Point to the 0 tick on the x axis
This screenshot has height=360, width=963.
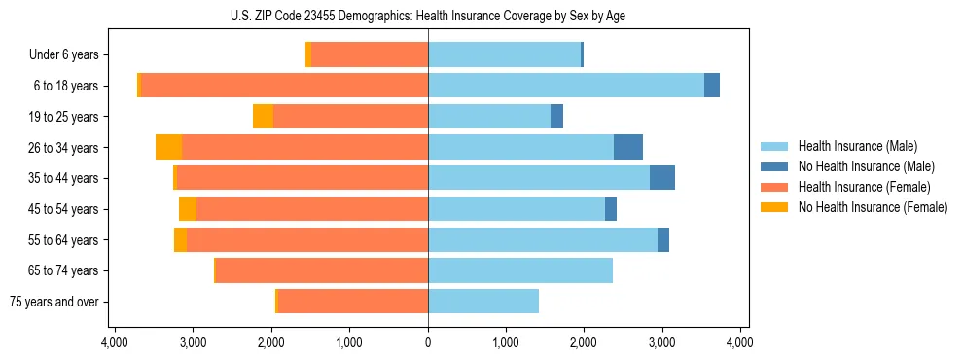click(428, 342)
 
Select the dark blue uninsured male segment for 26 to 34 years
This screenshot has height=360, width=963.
click(628, 147)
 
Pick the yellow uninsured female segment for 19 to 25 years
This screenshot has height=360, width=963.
click(263, 117)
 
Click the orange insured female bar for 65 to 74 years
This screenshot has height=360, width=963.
click(322, 270)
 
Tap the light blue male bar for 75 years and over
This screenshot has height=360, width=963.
click(483, 302)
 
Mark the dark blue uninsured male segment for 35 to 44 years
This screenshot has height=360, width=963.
click(662, 178)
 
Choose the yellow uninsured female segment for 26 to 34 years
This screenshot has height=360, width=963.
click(168, 147)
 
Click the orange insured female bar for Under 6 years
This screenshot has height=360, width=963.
click(370, 55)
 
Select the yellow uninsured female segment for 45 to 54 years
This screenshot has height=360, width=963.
click(188, 209)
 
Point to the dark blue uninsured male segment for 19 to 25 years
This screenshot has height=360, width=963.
click(556, 117)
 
